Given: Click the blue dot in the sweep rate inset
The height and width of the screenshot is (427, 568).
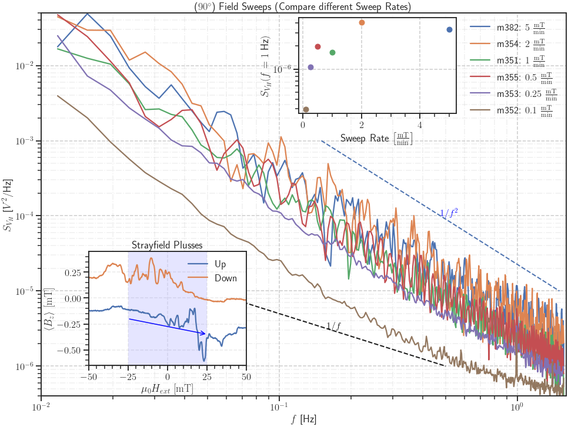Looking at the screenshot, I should (x=449, y=29).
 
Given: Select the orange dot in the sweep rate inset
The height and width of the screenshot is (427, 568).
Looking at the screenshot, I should (x=362, y=22).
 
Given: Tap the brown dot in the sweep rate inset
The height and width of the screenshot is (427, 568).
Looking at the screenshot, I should (x=306, y=109).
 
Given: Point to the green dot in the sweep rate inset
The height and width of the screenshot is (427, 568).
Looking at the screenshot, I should (x=332, y=52).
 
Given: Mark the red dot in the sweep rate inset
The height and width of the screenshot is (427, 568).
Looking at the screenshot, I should (x=318, y=46).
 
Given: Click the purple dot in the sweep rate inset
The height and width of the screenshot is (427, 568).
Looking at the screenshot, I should (x=310, y=67).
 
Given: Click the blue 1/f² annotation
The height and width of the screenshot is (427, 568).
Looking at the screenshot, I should (x=450, y=213).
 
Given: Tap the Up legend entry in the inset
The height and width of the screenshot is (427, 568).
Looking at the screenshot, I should (x=220, y=264).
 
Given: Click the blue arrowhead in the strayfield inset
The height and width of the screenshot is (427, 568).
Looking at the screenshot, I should (x=204, y=334).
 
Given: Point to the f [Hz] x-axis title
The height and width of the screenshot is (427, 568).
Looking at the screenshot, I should (x=303, y=419).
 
